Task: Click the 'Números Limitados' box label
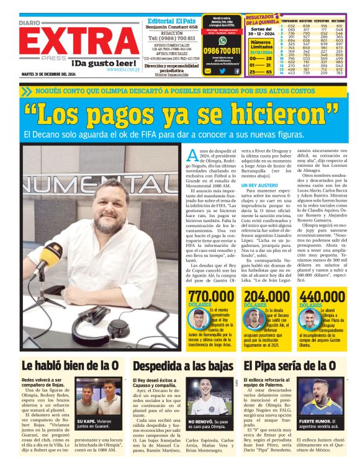tap(259, 45)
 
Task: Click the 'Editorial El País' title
tap(173, 20)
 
